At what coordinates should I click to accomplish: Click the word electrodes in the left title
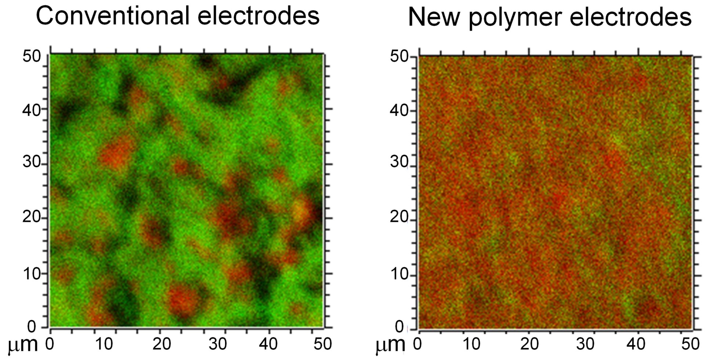[258, 16]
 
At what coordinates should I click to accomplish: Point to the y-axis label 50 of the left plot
[32, 56]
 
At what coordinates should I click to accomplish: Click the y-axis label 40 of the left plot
[32, 110]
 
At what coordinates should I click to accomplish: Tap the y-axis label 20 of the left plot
[32, 217]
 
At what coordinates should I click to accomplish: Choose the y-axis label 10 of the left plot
[32, 273]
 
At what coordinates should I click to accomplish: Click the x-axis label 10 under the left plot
[104, 344]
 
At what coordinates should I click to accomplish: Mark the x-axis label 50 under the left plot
[322, 344]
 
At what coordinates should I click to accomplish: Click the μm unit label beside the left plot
[23, 345]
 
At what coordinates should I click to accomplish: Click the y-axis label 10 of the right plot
[399, 274]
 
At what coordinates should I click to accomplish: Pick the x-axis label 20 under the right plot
[530, 344]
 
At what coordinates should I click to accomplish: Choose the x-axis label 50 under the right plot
[690, 344]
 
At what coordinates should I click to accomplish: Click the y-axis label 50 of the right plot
[399, 57]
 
